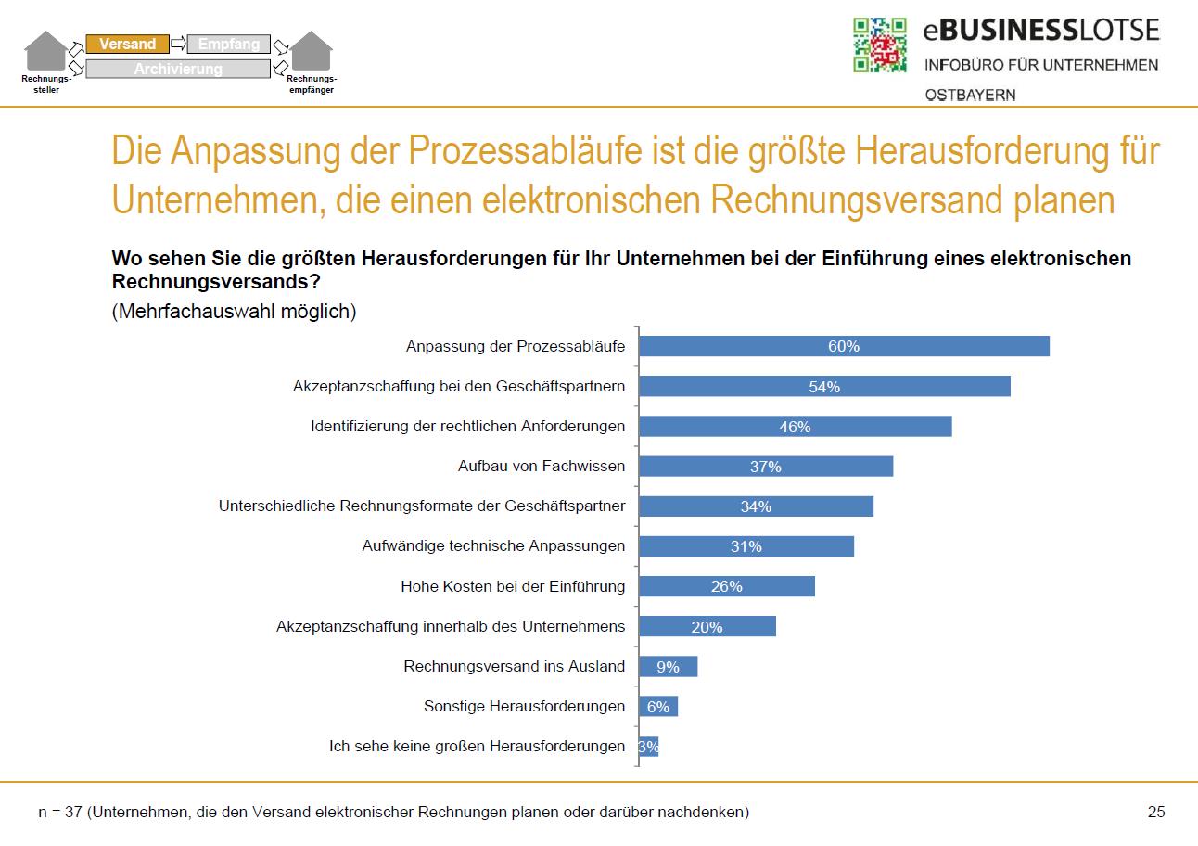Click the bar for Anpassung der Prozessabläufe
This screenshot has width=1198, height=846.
click(844, 346)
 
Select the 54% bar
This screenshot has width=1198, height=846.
click(824, 386)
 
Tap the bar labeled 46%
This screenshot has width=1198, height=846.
click(795, 426)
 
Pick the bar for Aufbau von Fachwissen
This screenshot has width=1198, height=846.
click(766, 466)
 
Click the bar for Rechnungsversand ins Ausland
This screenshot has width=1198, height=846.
click(668, 666)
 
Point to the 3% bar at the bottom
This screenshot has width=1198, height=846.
click(649, 746)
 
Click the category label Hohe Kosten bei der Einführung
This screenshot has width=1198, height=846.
click(513, 586)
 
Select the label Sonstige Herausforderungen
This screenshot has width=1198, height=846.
click(524, 706)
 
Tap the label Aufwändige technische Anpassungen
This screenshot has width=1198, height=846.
click(493, 546)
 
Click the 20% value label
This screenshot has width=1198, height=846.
click(707, 627)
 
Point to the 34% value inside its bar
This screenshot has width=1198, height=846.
click(756, 506)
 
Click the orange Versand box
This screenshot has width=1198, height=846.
click(127, 45)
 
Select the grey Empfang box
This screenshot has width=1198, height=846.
click(229, 45)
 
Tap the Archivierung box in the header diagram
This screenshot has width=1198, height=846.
click(178, 69)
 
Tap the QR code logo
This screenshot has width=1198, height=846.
click(879, 45)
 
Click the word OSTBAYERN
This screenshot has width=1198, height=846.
click(969, 95)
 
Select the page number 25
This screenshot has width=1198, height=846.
click(1155, 812)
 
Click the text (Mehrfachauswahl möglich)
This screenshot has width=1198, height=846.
click(234, 312)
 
